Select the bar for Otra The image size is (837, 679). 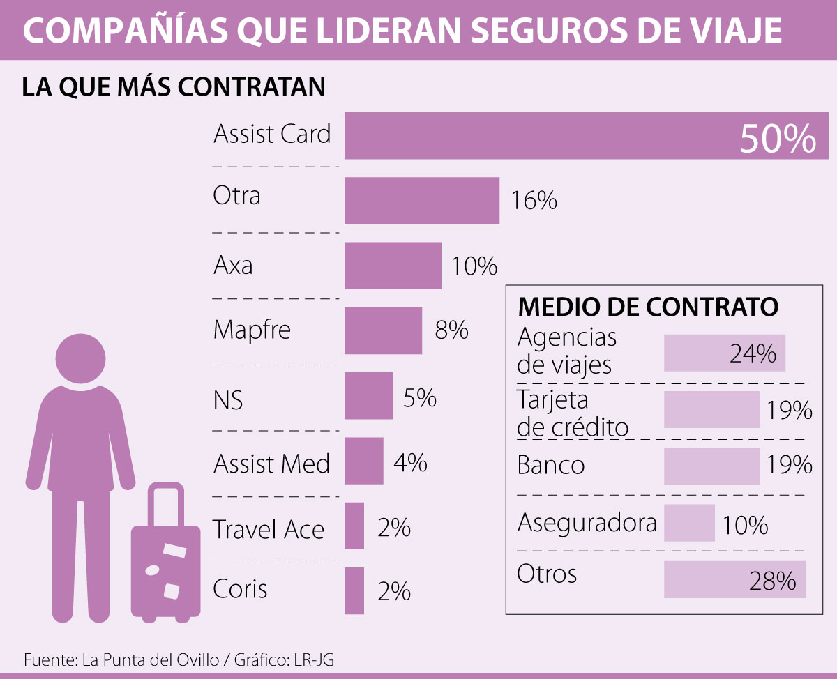(422, 201)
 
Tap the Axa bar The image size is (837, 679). (393, 266)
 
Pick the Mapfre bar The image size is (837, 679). (383, 330)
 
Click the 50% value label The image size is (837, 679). (778, 139)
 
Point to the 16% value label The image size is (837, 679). (534, 201)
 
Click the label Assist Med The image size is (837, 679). (271, 464)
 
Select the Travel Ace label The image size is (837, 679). (269, 529)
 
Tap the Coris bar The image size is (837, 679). (354, 591)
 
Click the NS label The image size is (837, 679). (228, 401)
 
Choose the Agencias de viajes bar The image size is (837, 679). (724, 353)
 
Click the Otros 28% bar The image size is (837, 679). (734, 579)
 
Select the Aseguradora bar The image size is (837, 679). (689, 523)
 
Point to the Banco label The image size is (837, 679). (551, 465)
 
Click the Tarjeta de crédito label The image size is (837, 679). (573, 413)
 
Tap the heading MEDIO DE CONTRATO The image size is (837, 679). (648, 307)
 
